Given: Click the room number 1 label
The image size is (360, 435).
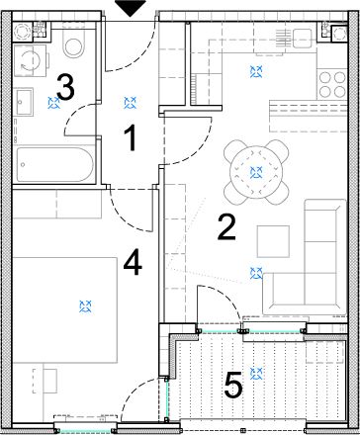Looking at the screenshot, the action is (131, 138).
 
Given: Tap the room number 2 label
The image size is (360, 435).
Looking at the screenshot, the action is (226, 226).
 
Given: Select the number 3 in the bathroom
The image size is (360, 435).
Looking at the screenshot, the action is (65, 87).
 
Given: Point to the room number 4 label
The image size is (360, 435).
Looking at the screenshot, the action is (133, 262).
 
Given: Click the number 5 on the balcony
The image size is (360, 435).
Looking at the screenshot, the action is (233, 385).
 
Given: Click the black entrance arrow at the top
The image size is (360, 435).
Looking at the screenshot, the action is (131, 8).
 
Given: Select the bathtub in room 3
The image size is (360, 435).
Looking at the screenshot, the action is (55, 164).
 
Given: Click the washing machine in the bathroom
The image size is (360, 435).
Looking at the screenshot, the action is (30, 60).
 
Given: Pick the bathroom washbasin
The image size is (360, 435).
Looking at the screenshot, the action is (23, 102).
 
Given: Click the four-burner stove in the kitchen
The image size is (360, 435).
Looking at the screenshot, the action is (332, 84).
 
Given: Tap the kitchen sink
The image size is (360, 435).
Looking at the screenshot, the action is (302, 38).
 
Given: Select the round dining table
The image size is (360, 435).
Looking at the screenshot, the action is (256, 172).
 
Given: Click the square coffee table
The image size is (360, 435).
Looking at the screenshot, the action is (273, 241).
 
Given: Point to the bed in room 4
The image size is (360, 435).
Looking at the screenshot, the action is (65, 310).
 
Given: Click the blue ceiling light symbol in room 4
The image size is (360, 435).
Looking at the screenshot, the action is (85, 306).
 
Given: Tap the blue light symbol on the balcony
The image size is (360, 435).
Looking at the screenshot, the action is (256, 374).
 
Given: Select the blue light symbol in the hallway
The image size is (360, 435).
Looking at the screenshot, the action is (131, 103).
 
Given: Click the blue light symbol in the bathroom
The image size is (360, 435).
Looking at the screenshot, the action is (53, 103).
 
